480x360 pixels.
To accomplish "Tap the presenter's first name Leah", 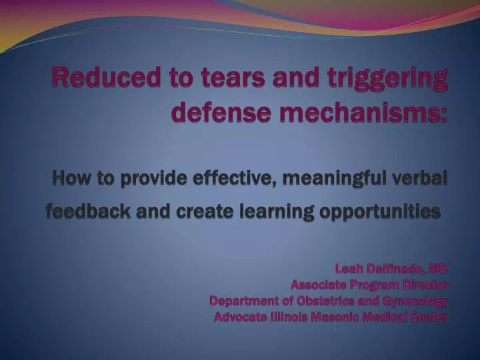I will (x=349, y=269).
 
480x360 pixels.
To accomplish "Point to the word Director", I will (x=426, y=285).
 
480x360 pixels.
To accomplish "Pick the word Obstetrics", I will (x=325, y=301).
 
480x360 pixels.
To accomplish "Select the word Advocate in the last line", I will (x=239, y=317).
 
